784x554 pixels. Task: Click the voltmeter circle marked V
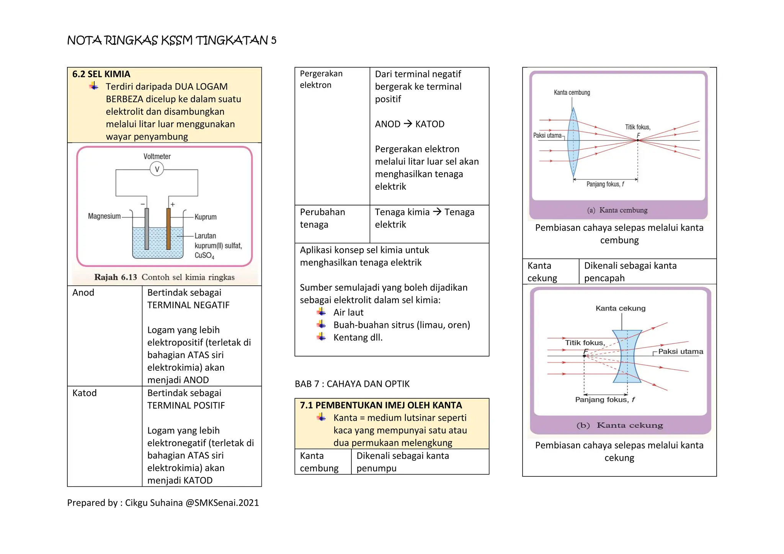(x=157, y=169)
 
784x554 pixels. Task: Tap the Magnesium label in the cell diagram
(x=104, y=216)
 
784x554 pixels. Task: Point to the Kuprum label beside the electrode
(x=206, y=217)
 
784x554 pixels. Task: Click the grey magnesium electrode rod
(x=147, y=228)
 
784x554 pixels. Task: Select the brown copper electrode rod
(x=168, y=228)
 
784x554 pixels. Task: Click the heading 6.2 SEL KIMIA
(x=101, y=74)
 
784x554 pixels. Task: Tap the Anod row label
(x=83, y=293)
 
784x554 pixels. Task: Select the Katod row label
(x=84, y=393)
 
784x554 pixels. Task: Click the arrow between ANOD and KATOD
(x=408, y=124)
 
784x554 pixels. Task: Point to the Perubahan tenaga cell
(x=322, y=218)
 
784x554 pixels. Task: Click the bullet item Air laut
(x=348, y=313)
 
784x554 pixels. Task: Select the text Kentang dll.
(x=358, y=337)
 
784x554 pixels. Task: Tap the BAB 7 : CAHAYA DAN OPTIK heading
(x=352, y=384)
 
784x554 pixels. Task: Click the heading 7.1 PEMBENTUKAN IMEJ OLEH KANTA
(x=381, y=405)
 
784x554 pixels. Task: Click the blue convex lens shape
(x=573, y=142)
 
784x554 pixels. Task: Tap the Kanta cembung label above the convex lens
(x=572, y=93)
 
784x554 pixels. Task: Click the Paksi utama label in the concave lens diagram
(x=681, y=351)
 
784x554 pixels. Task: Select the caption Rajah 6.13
(x=116, y=277)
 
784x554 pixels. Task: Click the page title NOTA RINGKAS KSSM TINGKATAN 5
(x=171, y=40)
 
